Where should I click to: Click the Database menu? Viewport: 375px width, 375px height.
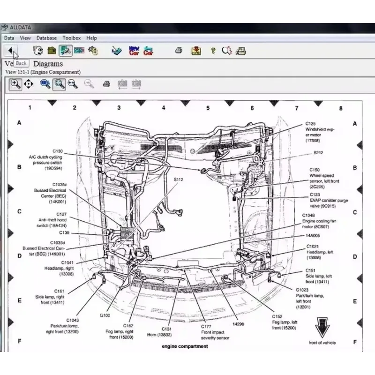(46, 38)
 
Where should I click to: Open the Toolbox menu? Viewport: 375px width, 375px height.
(72, 38)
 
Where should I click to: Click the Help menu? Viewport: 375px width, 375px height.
(92, 38)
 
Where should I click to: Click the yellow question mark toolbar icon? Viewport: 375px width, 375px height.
(213, 50)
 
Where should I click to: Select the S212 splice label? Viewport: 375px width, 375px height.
(318, 153)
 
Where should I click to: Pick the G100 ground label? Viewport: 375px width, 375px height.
(105, 315)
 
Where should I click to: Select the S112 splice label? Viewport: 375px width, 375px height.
(179, 180)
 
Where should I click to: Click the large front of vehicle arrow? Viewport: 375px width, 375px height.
(322, 327)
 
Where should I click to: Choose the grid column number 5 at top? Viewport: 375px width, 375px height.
(208, 108)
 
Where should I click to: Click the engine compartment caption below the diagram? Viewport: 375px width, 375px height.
(184, 346)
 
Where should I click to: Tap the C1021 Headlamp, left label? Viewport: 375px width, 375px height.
(320, 252)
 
